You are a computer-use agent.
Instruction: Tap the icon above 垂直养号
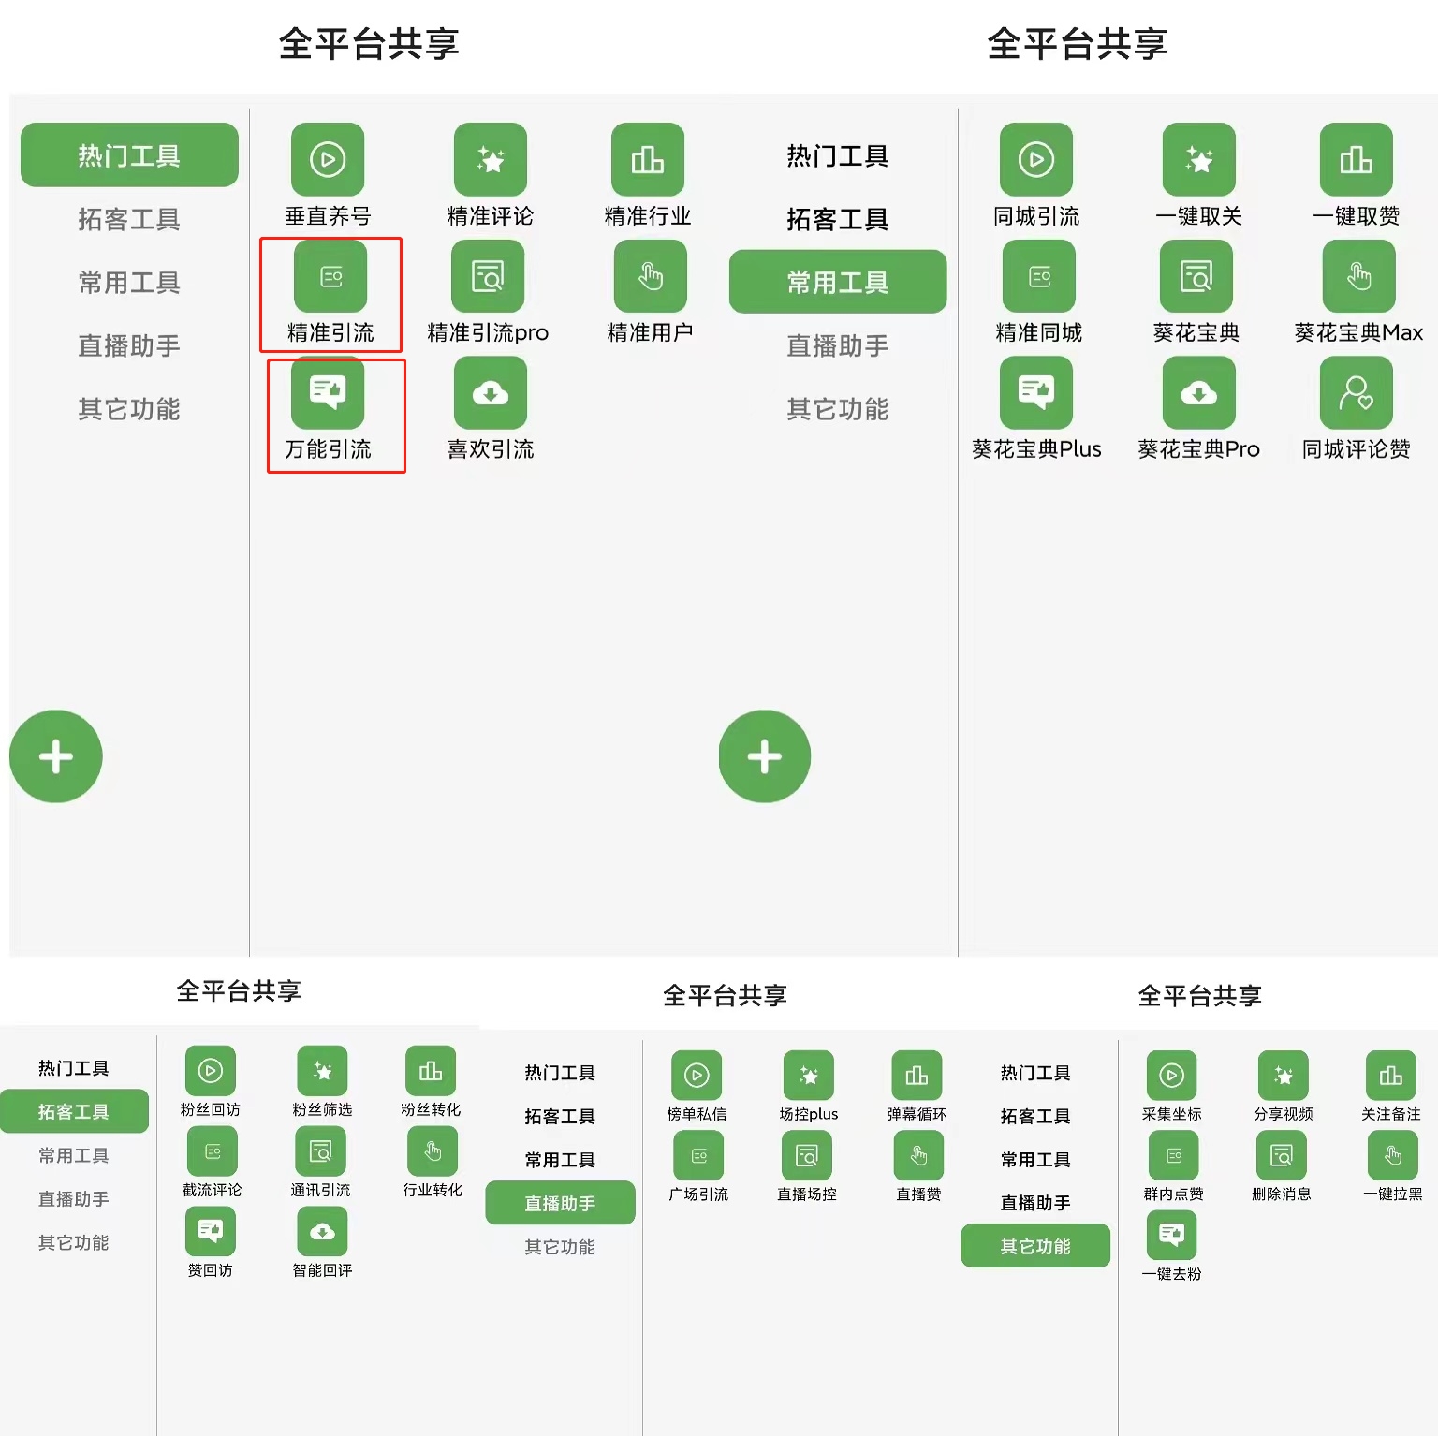(328, 159)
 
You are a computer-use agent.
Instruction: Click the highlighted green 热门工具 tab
(129, 155)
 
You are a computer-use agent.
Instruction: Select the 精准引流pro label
(488, 332)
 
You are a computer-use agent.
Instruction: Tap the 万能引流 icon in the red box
(328, 392)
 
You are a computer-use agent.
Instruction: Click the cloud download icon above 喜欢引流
(490, 393)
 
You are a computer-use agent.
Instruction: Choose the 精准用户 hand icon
(650, 276)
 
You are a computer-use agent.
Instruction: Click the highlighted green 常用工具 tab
(837, 282)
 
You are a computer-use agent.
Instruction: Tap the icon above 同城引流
(1035, 159)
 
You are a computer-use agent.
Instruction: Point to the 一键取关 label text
(1198, 216)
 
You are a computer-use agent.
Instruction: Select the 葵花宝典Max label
(1357, 332)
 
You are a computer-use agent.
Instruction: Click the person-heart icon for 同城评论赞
(1356, 393)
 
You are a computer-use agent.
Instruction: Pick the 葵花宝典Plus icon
(1035, 393)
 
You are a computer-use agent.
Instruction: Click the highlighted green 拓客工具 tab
(74, 1111)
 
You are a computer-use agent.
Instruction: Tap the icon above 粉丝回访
(211, 1071)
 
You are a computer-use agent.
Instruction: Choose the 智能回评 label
(322, 1270)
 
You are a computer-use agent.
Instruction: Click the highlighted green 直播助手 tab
(560, 1203)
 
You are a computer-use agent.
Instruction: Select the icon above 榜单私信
(697, 1075)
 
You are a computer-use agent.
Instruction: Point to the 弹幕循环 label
(917, 1114)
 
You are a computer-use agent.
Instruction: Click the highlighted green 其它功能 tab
(1035, 1246)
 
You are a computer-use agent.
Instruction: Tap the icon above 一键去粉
(1171, 1235)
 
